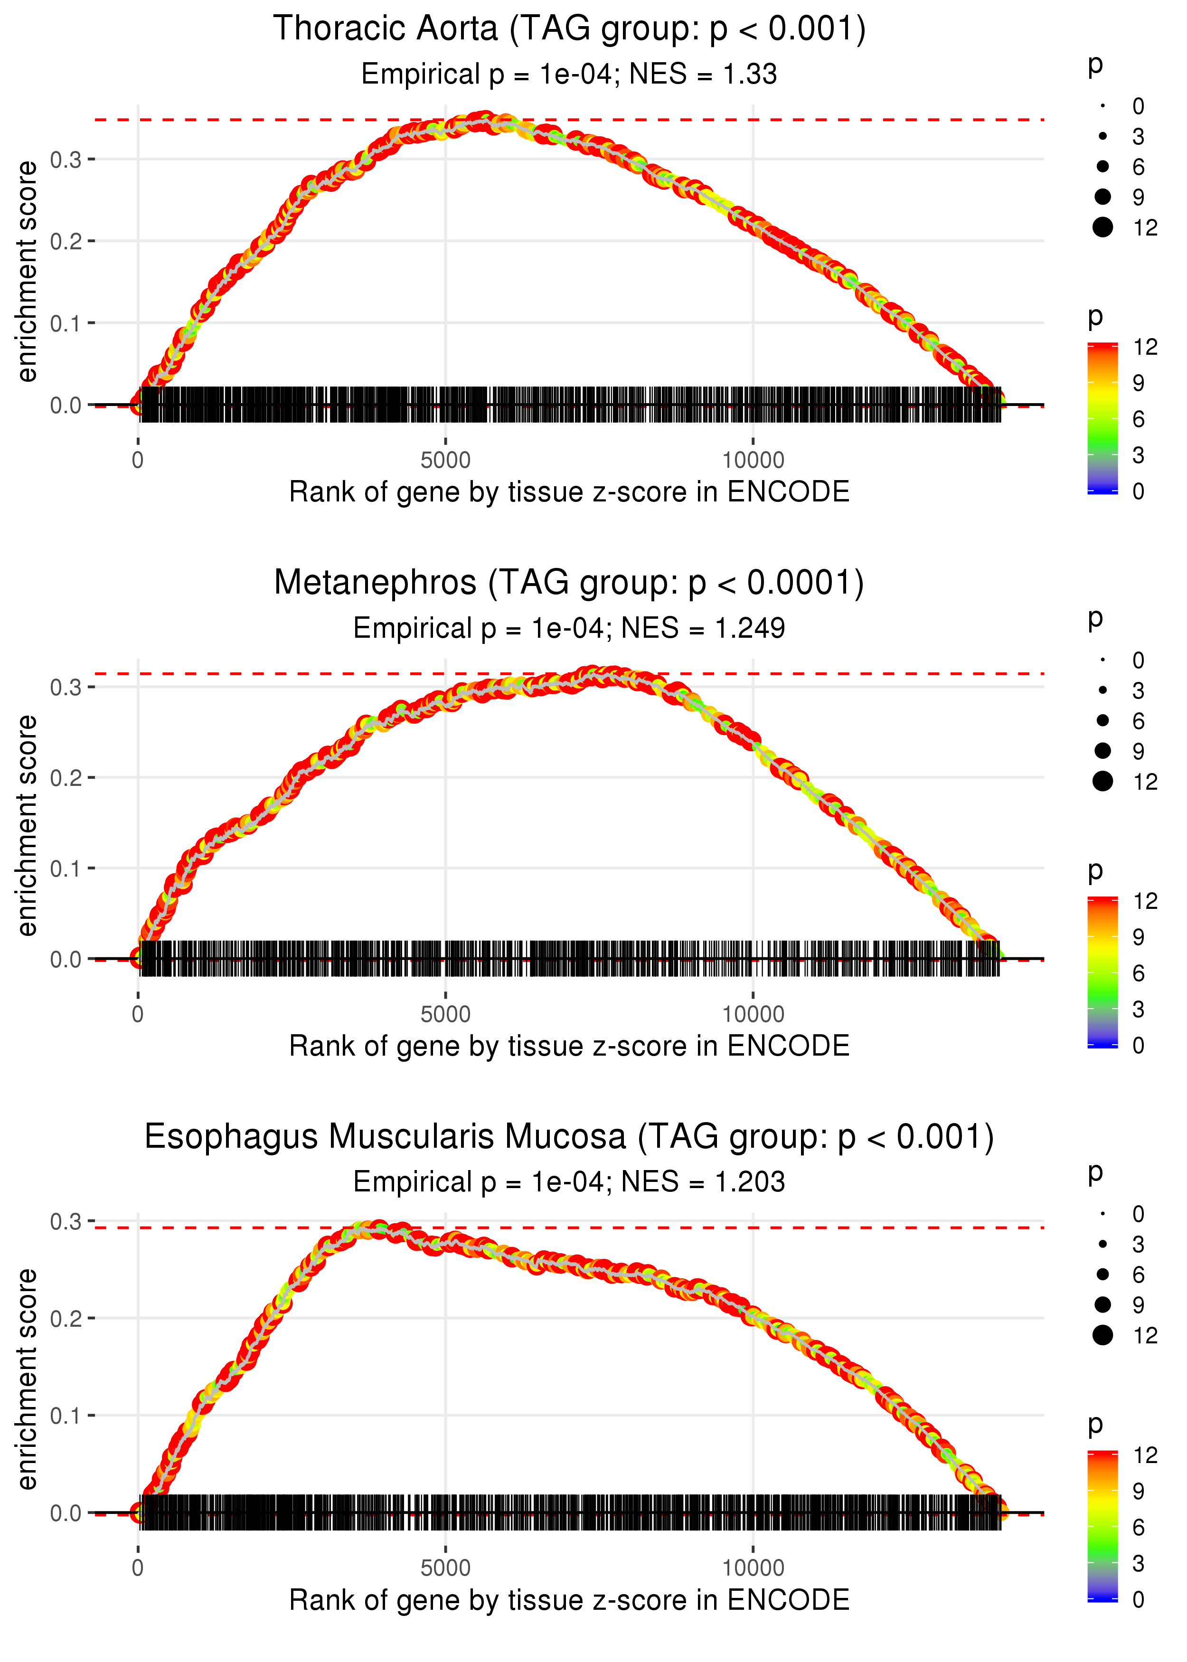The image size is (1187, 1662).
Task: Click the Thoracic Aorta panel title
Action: [x=569, y=29]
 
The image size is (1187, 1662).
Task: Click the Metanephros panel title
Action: [x=569, y=583]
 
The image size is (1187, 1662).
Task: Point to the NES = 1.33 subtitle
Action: [x=569, y=75]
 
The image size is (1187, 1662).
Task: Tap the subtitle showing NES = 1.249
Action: [x=569, y=629]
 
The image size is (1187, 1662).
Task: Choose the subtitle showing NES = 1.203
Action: [x=569, y=1182]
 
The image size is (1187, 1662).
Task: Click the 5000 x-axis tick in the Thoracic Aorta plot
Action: [x=445, y=461]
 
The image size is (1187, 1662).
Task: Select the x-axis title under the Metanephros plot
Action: [x=569, y=1046]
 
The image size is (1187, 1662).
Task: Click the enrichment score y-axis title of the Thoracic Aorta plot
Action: [x=27, y=272]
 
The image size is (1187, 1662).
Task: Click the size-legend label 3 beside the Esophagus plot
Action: [x=1138, y=1244]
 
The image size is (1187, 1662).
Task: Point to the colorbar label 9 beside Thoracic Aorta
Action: [x=1138, y=383]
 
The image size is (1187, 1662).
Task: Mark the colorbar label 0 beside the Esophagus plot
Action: [x=1138, y=1599]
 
